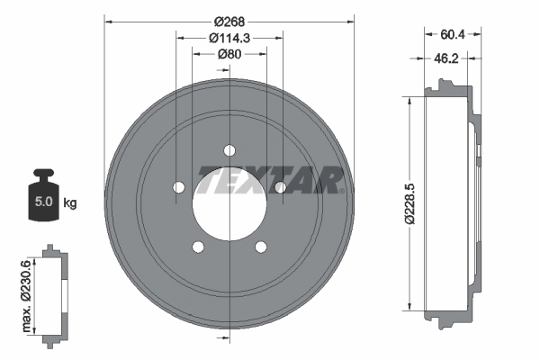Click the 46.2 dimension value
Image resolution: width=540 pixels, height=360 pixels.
tap(447, 59)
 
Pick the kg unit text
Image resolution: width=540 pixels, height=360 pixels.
tap(70, 203)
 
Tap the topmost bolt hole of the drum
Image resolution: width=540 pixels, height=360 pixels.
tap(229, 149)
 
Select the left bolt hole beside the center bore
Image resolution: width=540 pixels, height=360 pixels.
tap(178, 187)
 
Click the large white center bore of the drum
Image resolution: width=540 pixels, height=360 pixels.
tap(229, 203)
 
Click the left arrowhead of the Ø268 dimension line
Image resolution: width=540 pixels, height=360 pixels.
tap(109, 20)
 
